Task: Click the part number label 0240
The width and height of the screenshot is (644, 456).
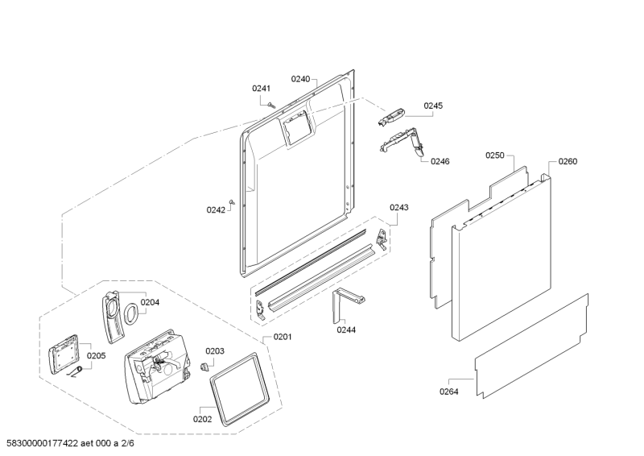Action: coord(300,79)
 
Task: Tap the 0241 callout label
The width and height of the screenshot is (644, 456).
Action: coord(262,88)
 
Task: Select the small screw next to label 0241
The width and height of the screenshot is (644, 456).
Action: coord(273,104)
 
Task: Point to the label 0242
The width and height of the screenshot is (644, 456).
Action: coord(216,209)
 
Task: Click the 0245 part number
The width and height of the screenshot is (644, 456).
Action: coord(433,106)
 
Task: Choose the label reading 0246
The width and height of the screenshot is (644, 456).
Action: coord(440,161)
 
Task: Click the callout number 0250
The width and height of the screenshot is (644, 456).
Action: coord(495,155)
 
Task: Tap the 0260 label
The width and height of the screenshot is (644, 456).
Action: coord(568,161)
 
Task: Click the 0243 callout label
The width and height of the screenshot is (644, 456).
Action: coord(399,207)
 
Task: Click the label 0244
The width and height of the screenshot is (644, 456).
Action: coord(346,330)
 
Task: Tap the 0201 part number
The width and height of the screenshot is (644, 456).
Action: coord(283,336)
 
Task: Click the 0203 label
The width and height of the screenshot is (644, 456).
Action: coord(215,350)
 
